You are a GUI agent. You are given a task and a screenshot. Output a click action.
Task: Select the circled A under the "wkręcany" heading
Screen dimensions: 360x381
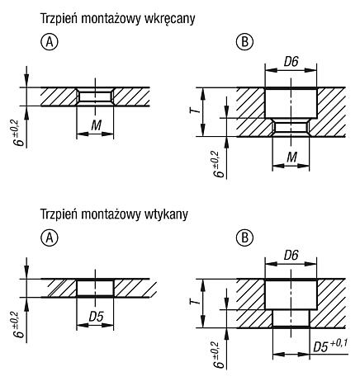(50, 43)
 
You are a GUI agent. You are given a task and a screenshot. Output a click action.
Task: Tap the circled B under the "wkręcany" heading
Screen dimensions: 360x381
(244, 42)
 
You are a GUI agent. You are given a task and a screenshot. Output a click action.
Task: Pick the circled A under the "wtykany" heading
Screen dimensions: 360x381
(50, 238)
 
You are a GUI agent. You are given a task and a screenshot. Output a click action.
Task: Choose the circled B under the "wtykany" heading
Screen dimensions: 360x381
(244, 238)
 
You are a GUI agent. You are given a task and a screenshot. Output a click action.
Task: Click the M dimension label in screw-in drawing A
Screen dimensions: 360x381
(97, 125)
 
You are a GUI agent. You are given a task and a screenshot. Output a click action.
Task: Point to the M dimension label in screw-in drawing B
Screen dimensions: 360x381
(292, 158)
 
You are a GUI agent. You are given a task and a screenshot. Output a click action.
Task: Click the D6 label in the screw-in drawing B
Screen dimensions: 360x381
(291, 62)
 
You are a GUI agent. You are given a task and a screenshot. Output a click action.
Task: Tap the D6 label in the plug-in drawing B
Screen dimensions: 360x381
(291, 256)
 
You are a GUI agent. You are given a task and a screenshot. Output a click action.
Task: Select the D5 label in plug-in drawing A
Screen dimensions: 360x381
(96, 317)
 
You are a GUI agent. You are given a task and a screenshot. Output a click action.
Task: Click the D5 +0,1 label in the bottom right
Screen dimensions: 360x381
(330, 346)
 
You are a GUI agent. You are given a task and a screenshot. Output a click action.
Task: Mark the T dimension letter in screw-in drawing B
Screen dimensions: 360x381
(195, 111)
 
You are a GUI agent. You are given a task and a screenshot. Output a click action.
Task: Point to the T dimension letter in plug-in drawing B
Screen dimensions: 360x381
(195, 302)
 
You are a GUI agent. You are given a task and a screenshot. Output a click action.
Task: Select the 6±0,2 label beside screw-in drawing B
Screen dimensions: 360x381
(219, 164)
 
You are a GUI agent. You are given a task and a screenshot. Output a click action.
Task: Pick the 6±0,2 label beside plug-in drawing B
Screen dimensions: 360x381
(219, 355)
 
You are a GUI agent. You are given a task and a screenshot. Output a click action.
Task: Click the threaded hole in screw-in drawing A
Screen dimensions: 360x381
(95, 96)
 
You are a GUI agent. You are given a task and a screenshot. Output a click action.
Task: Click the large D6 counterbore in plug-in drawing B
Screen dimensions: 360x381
(291, 294)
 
